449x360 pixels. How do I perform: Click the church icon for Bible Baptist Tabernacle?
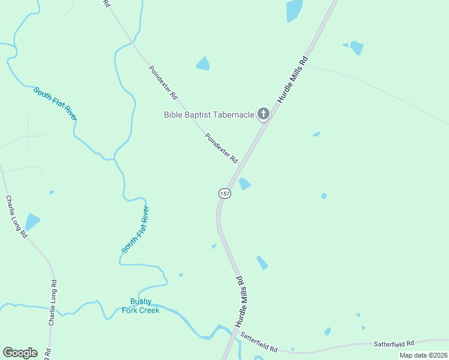263,113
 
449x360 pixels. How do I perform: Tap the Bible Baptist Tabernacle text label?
209,114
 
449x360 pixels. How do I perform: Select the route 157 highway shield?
224,193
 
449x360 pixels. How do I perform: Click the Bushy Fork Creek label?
141,306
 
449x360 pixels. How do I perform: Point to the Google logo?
20,353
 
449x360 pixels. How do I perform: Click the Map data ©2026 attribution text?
423,355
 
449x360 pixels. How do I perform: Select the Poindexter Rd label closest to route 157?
221,149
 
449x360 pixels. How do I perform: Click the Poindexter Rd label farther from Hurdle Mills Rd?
164,83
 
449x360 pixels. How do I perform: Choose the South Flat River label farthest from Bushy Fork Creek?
55,103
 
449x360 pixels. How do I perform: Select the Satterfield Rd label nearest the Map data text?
394,344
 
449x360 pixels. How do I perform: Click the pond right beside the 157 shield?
244,184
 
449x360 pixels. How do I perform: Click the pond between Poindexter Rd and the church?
203,63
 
